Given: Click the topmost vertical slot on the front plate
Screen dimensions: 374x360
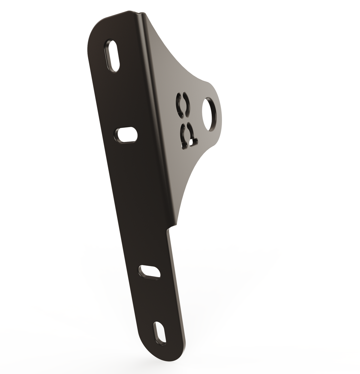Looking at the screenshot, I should [113, 56].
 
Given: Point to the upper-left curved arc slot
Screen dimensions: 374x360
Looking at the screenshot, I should [179, 105].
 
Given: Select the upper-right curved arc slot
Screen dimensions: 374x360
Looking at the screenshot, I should [187, 105].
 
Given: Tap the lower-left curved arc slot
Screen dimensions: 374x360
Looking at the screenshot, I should [182, 136].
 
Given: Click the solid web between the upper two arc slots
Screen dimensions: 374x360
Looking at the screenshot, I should [183, 106].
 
